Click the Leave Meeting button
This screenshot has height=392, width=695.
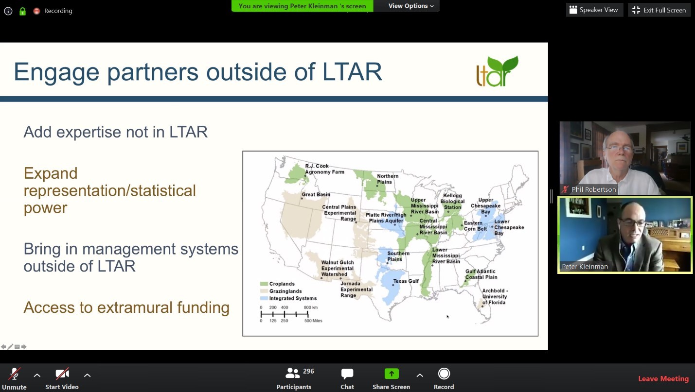point(663,379)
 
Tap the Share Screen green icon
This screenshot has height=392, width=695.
point(391,374)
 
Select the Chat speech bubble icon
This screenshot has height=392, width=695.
point(347,374)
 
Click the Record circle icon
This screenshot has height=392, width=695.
point(444,374)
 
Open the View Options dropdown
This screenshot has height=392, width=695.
point(411,6)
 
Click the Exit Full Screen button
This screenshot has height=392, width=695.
point(659,10)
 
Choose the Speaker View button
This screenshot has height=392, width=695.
point(594,10)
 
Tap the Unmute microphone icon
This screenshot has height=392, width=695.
point(14,374)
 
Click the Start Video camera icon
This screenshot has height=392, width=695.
point(62,374)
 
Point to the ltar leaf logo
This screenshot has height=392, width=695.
point(497,71)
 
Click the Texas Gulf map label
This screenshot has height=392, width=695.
point(406,281)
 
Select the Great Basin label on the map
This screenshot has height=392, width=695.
point(316,194)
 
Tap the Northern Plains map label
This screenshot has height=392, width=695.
point(387,179)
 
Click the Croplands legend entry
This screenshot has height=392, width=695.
point(278,284)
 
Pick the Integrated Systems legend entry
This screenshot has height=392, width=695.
point(288,298)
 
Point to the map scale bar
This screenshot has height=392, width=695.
point(285,314)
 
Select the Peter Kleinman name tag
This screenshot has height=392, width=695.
point(585,267)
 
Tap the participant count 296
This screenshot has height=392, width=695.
point(308,371)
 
